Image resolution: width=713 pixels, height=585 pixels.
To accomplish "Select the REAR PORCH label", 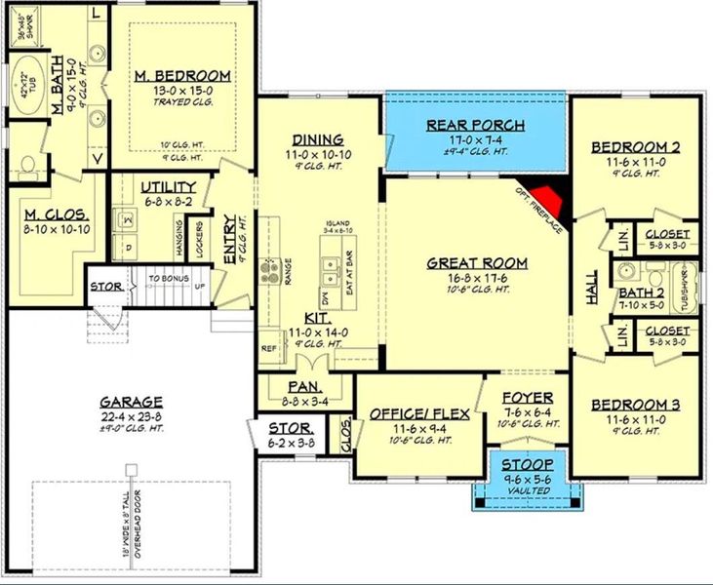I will tap(475, 125).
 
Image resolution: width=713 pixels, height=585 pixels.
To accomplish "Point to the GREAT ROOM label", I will tap(477, 263).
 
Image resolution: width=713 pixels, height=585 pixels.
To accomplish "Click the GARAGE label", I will tap(130, 402).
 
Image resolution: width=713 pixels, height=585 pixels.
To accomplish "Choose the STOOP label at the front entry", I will tap(528, 464).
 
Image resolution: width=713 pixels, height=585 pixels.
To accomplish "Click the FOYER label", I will tap(528, 398).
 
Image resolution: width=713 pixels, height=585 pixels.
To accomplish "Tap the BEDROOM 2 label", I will tap(636, 147).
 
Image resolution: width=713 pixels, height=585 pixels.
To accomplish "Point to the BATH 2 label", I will tap(640, 291).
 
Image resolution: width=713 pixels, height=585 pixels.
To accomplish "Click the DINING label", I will tap(317, 139).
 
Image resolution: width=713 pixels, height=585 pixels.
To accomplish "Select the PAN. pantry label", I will tap(290, 386).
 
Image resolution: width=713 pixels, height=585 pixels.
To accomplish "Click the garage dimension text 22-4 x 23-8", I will tap(130, 417).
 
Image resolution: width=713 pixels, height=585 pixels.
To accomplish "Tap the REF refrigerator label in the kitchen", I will tap(268, 346).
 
